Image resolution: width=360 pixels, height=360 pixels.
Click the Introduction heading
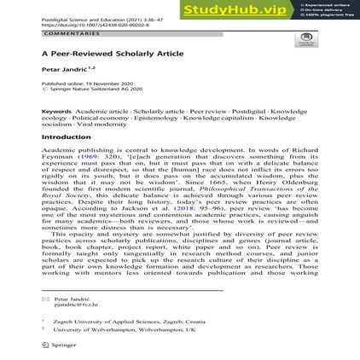tap(66, 136)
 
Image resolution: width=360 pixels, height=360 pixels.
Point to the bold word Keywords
tap(56, 112)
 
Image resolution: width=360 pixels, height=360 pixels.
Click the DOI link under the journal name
tap(83, 26)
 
